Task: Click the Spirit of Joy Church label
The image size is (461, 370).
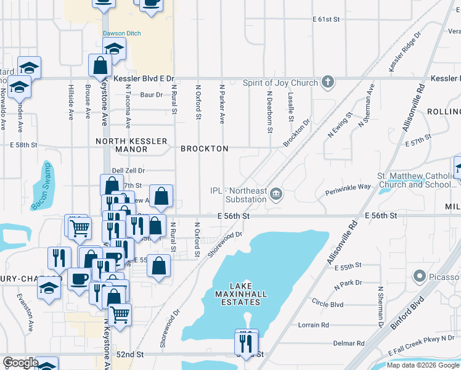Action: click(280, 83)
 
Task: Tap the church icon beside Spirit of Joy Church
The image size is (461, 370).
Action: click(328, 83)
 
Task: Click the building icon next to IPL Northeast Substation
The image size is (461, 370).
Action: click(276, 195)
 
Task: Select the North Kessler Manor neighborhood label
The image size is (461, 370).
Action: click(131, 146)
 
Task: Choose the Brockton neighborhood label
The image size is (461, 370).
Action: click(205, 149)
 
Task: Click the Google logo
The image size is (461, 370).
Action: click(20, 363)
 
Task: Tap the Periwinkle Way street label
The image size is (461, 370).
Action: click(348, 186)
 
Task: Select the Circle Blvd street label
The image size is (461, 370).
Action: click(327, 304)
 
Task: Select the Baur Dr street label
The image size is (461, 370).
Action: click(151, 94)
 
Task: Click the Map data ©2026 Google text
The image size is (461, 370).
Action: click(423, 365)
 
